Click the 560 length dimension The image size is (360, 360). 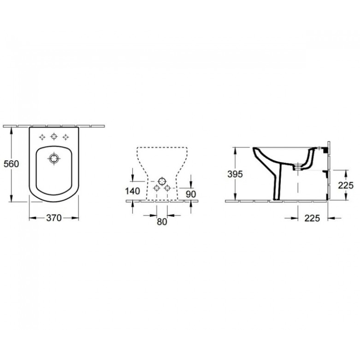(x=11, y=164)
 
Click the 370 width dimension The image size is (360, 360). (x=54, y=218)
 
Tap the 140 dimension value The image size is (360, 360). (x=133, y=191)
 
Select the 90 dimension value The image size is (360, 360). (x=191, y=194)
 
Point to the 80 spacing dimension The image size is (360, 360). (x=162, y=221)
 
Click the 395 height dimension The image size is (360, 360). (x=235, y=174)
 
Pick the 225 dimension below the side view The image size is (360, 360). (x=312, y=218)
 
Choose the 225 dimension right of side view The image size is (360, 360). (x=346, y=185)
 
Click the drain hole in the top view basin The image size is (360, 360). (x=54, y=158)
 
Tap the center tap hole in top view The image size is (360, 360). (x=54, y=137)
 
